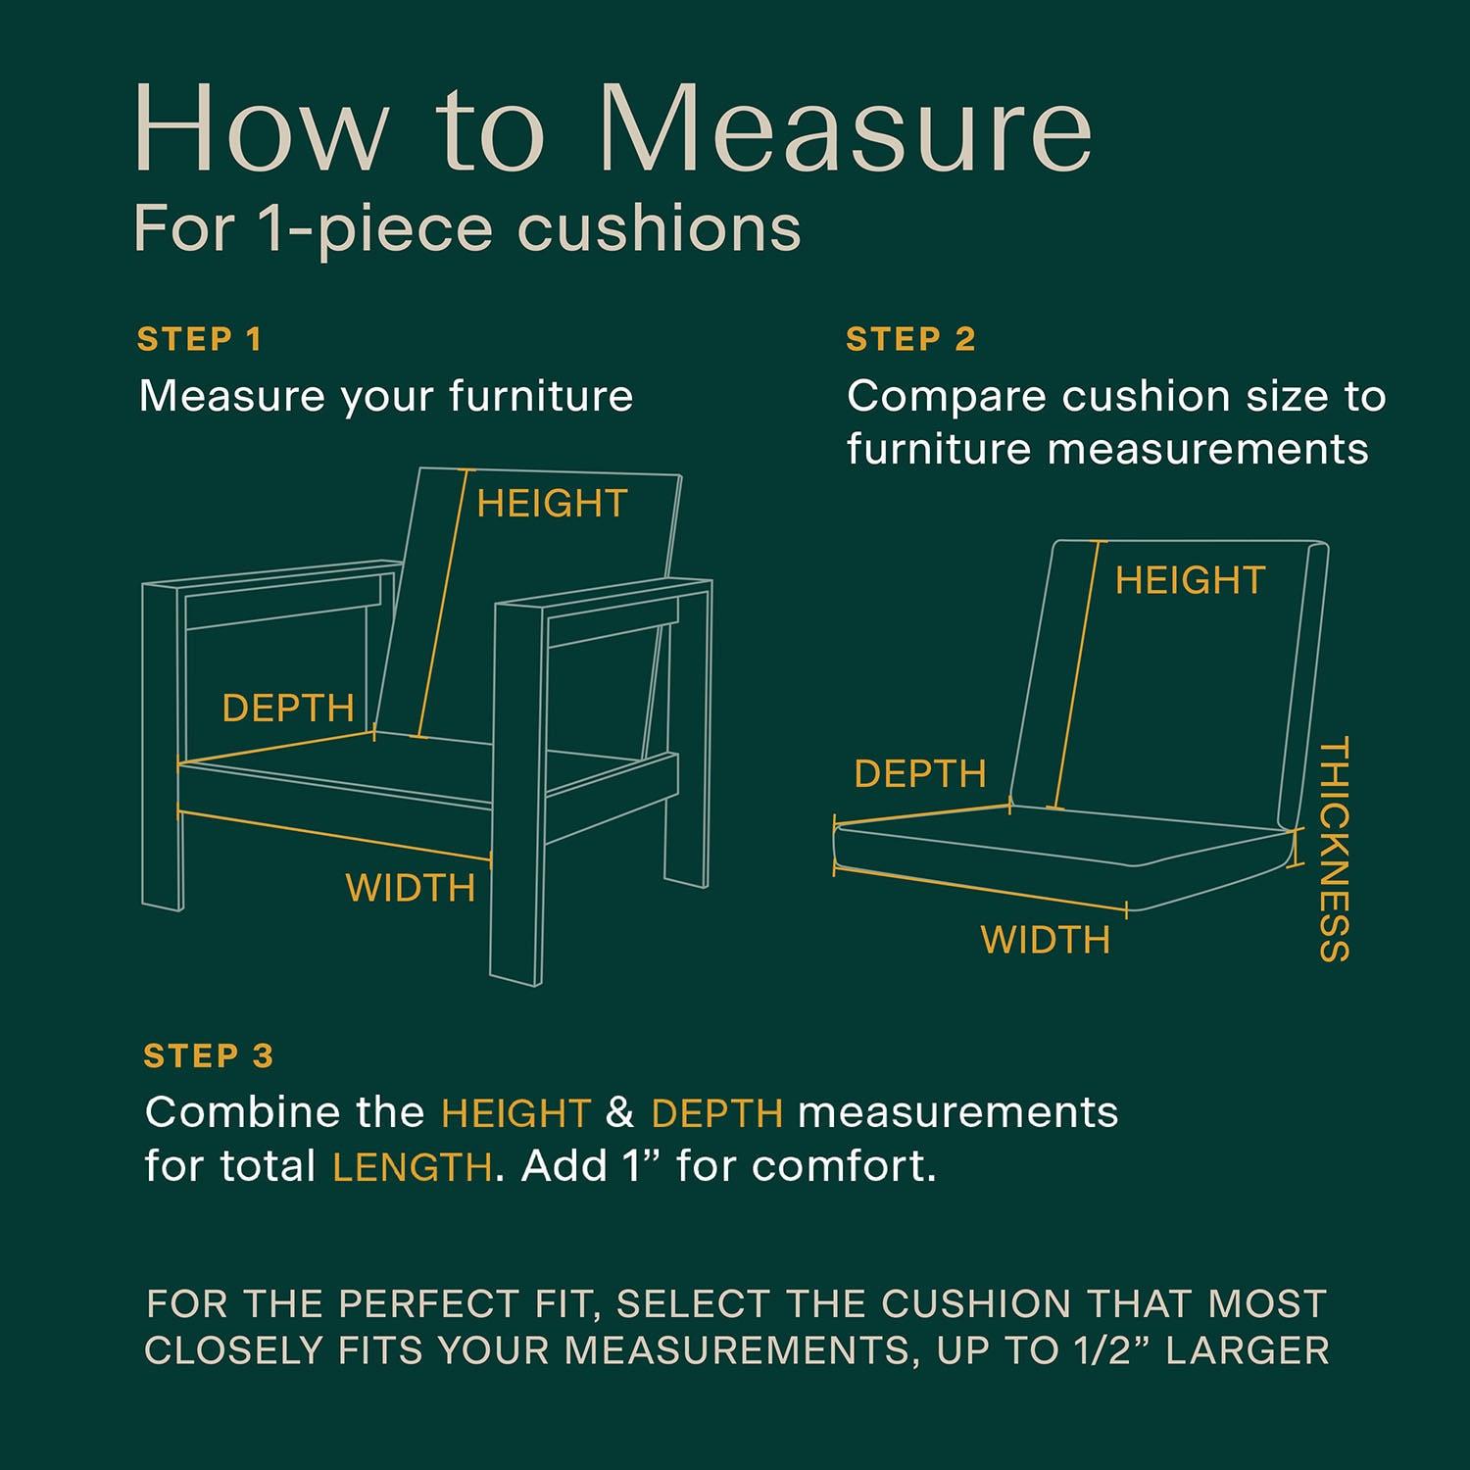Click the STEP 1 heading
click(x=200, y=340)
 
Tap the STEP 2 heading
click(x=910, y=340)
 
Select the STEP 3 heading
click(x=209, y=1056)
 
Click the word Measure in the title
click(x=847, y=130)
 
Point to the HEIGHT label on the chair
click(x=552, y=504)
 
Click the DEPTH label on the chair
click(x=288, y=708)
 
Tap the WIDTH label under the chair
click(x=411, y=888)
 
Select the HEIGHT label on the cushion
click(x=1191, y=580)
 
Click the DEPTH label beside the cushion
click(x=920, y=774)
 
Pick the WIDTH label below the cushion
click(x=1046, y=940)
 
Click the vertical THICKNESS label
click(x=1335, y=849)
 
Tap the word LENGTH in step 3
click(x=412, y=1167)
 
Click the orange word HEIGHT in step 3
click(x=515, y=1113)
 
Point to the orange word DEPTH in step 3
click(x=716, y=1113)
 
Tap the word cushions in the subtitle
click(x=660, y=229)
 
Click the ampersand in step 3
click(x=620, y=1113)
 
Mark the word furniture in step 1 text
click(x=541, y=397)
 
